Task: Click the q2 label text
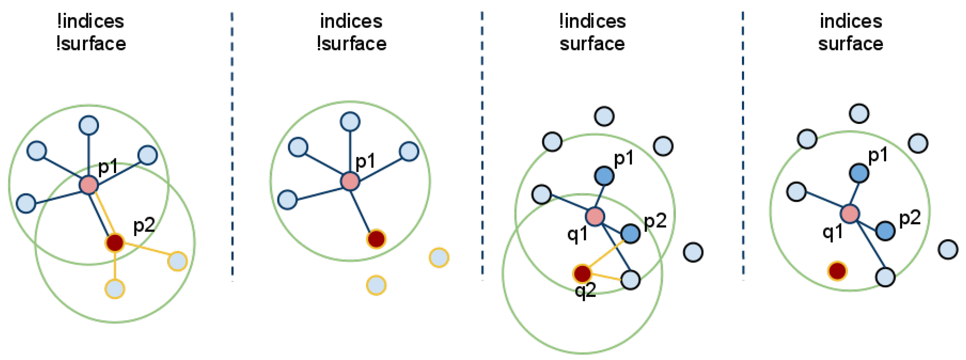[585, 290]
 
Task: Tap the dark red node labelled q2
[582, 273]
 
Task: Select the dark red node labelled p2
[115, 242]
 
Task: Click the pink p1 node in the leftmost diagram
[89, 184]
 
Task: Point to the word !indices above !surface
[90, 21]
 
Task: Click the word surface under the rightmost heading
[850, 44]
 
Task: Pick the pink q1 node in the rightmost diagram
[850, 214]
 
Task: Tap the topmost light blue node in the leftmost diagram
[89, 125]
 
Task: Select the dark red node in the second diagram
[376, 238]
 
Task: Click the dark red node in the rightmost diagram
[838, 271]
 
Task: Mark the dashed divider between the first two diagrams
[232, 146]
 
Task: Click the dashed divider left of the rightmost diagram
[743, 146]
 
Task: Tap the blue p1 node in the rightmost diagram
[859, 173]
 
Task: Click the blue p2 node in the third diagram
[630, 234]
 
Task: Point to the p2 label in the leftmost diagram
[144, 226]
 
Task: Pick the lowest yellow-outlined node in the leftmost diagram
[115, 289]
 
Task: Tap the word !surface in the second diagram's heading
[351, 44]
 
